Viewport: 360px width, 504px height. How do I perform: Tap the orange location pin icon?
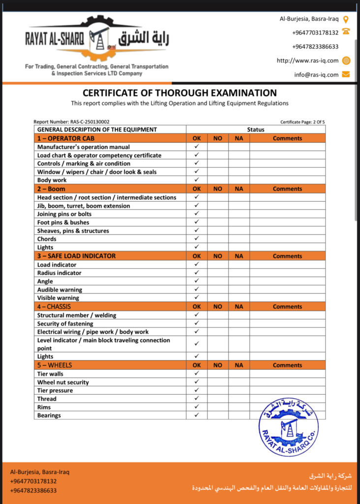[346, 19]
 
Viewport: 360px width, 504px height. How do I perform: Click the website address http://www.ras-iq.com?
[307, 61]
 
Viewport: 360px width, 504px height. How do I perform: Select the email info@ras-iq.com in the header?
[316, 75]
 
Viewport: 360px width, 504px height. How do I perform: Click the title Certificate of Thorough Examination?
[180, 93]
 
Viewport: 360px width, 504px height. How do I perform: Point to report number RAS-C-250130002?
[71, 122]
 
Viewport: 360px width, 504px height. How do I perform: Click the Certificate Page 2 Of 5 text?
[302, 122]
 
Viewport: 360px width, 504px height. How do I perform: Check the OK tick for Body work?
[196, 180]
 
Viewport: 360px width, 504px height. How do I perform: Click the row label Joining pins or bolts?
[64, 214]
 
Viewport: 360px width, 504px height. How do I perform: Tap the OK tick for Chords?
[196, 239]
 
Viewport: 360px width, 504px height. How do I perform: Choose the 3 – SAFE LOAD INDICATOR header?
[76, 256]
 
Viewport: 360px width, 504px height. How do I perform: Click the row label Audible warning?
[60, 290]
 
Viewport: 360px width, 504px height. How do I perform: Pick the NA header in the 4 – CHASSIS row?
[239, 307]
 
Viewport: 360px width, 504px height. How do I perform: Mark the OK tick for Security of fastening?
[196, 323]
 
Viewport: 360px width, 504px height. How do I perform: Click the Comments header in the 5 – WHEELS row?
[287, 365]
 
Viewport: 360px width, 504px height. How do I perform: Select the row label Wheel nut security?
[63, 382]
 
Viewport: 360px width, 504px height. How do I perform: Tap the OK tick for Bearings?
[196, 415]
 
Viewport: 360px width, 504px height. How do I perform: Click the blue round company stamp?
[288, 426]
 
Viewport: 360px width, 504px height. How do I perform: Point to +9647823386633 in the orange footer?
[33, 490]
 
